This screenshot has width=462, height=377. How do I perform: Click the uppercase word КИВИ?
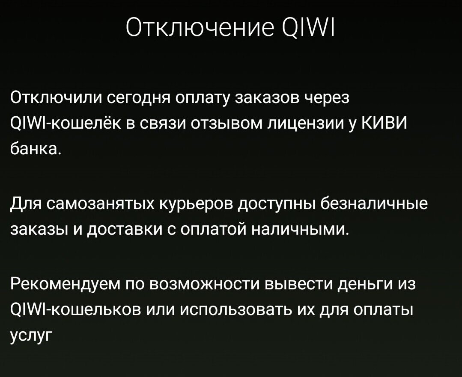tap(384, 123)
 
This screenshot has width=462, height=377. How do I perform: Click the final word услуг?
tap(30, 335)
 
